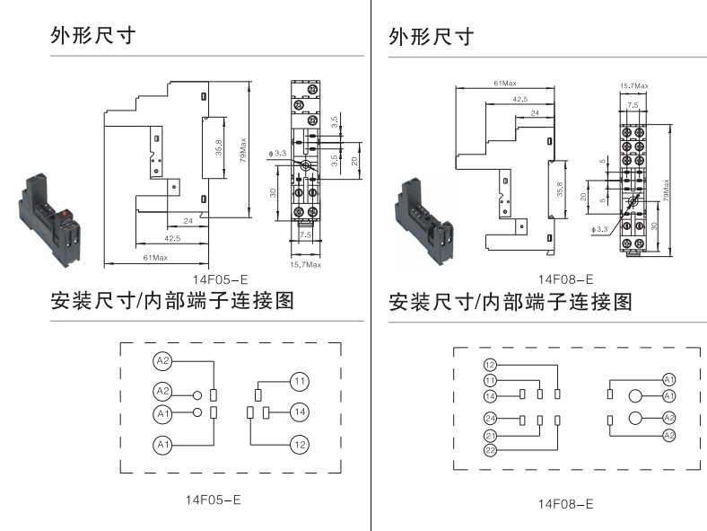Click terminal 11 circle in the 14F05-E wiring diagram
300,381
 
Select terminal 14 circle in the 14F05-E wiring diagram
300,412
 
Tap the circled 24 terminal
491,419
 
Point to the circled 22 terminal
491,449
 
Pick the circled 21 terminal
491,435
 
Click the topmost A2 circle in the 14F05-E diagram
162,360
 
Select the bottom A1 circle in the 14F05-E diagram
162,445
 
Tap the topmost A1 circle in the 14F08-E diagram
668,379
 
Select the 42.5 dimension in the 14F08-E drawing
519,99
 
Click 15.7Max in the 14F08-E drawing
633,85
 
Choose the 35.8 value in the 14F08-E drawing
560,190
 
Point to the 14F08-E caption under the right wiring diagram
565,505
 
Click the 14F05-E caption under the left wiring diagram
213,498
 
